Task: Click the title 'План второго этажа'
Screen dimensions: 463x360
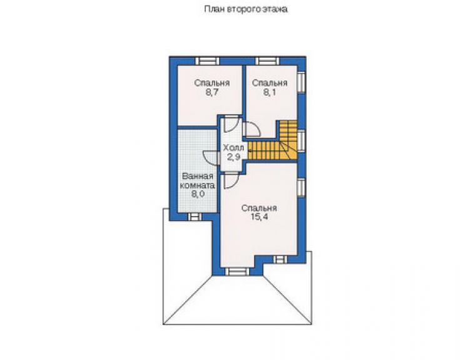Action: (246, 9)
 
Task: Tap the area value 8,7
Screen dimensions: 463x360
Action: (211, 93)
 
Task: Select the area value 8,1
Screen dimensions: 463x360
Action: (270, 93)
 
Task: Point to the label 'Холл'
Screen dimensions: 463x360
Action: (233, 148)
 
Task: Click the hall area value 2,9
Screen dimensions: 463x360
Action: (233, 157)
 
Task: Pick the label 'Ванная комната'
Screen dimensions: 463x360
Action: (197, 181)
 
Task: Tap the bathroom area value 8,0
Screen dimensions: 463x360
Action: (198, 194)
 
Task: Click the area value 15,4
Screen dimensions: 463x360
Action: (259, 217)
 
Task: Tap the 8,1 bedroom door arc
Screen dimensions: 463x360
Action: (256, 129)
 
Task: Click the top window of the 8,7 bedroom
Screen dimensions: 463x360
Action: (207, 61)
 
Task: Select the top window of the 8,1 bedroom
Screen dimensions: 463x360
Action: (267, 61)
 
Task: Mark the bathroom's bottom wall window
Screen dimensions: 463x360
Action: (195, 217)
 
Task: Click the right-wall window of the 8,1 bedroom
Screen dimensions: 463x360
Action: (301, 82)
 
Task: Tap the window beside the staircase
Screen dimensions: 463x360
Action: (301, 141)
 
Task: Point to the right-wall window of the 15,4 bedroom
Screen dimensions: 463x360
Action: (301, 187)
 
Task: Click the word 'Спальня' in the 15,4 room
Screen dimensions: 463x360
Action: (259, 208)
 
